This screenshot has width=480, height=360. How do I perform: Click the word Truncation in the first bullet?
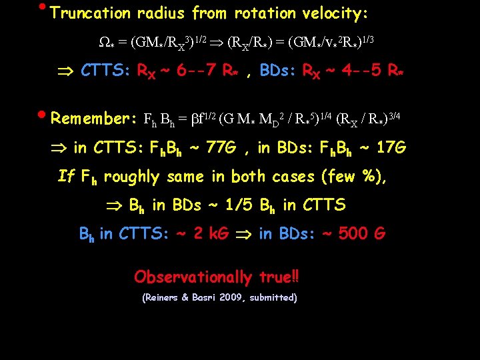[91, 13]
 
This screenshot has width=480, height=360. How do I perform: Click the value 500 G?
[361, 233]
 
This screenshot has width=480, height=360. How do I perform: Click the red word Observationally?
[192, 276]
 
